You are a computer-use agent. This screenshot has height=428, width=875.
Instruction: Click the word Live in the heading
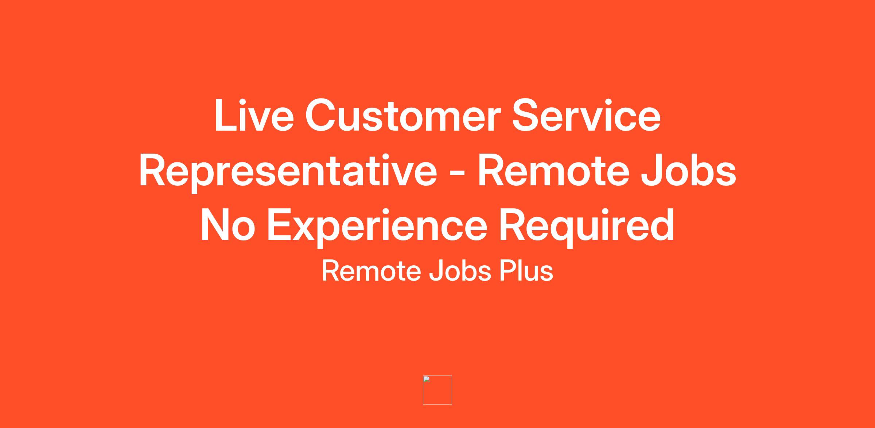pyautogui.click(x=254, y=115)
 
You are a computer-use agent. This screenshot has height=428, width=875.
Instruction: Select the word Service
pyautogui.click(x=586, y=115)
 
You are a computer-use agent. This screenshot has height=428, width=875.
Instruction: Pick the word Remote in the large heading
pyautogui.click(x=553, y=170)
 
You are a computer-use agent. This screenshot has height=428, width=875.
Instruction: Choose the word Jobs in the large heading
pyautogui.click(x=688, y=170)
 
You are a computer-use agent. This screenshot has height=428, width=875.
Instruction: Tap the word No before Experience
pyautogui.click(x=227, y=225)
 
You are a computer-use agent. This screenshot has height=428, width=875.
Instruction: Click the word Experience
pyautogui.click(x=377, y=226)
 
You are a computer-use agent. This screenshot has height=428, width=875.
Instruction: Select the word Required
pyautogui.click(x=586, y=226)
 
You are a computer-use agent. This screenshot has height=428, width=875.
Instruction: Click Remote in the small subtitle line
pyautogui.click(x=371, y=271)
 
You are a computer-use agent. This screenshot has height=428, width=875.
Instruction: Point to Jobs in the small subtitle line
pyautogui.click(x=460, y=271)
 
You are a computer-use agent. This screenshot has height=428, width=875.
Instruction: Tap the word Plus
pyautogui.click(x=526, y=271)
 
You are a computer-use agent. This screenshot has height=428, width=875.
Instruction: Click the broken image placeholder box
pyautogui.click(x=437, y=390)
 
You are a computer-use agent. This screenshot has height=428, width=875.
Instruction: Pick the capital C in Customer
pyautogui.click(x=321, y=115)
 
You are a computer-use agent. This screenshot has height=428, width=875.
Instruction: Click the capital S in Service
pyautogui.click(x=527, y=115)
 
